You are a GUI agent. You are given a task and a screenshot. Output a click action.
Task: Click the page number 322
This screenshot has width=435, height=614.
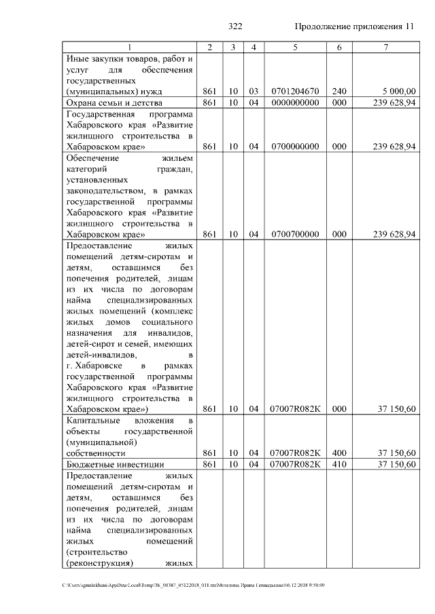[236, 27]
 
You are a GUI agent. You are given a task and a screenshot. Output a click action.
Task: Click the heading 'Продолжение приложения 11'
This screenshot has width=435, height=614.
[354, 27]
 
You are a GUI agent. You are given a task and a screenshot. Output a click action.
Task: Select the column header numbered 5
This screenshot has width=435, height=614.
[295, 47]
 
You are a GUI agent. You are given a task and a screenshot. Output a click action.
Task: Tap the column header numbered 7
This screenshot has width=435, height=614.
[386, 47]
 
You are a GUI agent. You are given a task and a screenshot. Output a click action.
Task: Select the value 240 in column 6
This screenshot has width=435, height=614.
[339, 91]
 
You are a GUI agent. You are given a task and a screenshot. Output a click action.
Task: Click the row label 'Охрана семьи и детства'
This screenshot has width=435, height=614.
[109, 102]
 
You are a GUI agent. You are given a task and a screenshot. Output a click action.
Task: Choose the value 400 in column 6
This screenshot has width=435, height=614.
[339, 453]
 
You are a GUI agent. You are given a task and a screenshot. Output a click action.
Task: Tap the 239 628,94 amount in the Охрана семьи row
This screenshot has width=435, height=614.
[395, 102]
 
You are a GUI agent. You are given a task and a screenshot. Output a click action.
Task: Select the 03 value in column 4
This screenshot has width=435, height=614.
[254, 91]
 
